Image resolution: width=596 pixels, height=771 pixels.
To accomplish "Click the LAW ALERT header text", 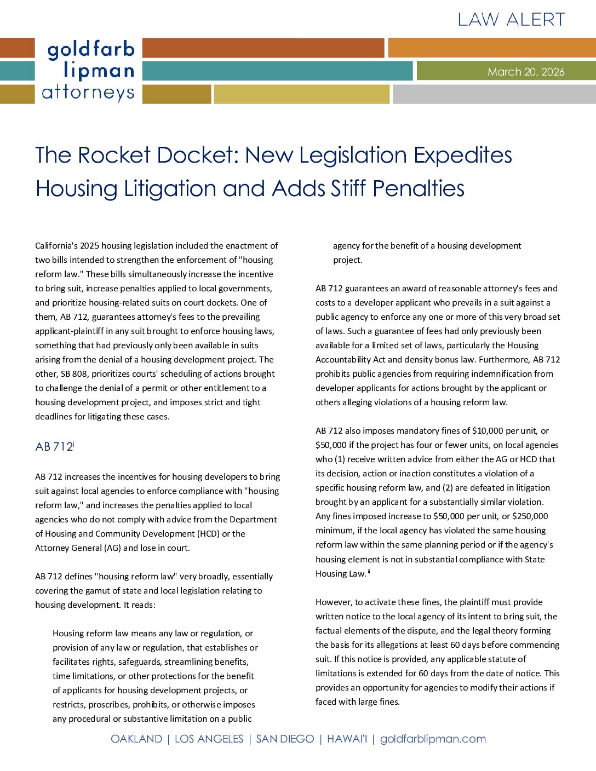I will pyautogui.click(x=511, y=20).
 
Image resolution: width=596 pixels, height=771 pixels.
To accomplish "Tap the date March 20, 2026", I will pyautogui.click(x=526, y=72).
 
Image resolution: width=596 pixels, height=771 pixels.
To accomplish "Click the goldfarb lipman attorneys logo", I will pyautogui.click(x=89, y=71).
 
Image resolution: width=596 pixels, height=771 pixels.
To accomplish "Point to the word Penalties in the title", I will pyautogui.click(x=419, y=189).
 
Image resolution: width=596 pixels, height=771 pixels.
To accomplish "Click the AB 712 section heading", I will pyautogui.click(x=54, y=447).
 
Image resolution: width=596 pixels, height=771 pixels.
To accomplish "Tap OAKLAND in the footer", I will pyautogui.click(x=136, y=739).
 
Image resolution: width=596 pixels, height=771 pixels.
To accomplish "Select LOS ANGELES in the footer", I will pyautogui.click(x=209, y=739).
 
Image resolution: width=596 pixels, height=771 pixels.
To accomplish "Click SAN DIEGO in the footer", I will pyautogui.click(x=285, y=739).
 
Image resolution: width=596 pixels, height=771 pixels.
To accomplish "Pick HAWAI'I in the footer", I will pyautogui.click(x=347, y=739).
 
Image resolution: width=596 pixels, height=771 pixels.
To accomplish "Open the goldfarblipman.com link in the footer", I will pyautogui.click(x=433, y=739).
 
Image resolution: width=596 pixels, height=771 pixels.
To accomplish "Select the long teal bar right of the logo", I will pyautogui.click(x=277, y=71).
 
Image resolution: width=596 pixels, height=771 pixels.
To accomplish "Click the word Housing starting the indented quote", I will pyautogui.click(x=67, y=634).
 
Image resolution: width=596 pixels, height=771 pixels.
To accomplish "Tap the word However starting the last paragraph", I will pyautogui.click(x=334, y=602).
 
